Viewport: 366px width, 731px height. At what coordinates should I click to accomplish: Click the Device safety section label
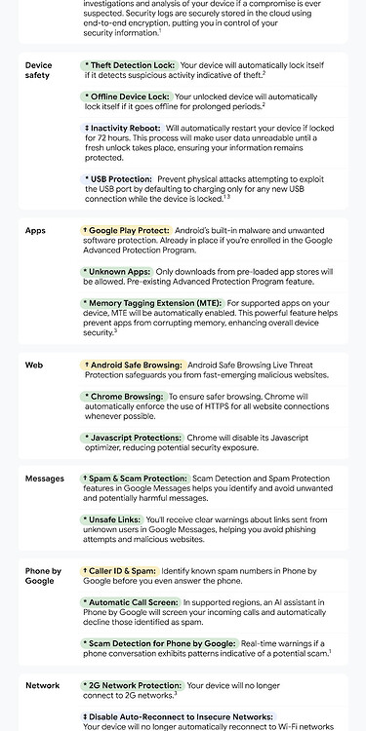pyautogui.click(x=38, y=70)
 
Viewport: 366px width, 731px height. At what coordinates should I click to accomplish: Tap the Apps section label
pyautogui.click(x=35, y=231)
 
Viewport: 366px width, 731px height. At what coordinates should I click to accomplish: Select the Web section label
pyautogui.click(x=34, y=365)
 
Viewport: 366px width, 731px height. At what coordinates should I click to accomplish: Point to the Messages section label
pyautogui.click(x=44, y=479)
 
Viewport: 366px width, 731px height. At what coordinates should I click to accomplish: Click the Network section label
pyautogui.click(x=42, y=686)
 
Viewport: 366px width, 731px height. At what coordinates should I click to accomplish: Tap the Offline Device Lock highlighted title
pyautogui.click(x=129, y=97)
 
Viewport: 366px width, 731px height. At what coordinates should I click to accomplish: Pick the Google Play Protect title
pyautogui.click(x=127, y=231)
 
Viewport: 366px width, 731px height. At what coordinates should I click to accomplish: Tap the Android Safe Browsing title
pyautogui.click(x=134, y=365)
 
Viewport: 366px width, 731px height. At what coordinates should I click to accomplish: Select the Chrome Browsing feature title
pyautogui.click(x=125, y=398)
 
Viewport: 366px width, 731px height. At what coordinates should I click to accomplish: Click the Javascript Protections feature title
pyautogui.click(x=134, y=439)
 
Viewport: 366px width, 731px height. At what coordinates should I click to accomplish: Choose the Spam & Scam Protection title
pyautogui.click(x=136, y=479)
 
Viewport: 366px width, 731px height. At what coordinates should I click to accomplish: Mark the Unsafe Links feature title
pyautogui.click(x=114, y=520)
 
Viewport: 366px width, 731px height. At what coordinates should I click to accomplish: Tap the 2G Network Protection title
pyautogui.click(x=136, y=686)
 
